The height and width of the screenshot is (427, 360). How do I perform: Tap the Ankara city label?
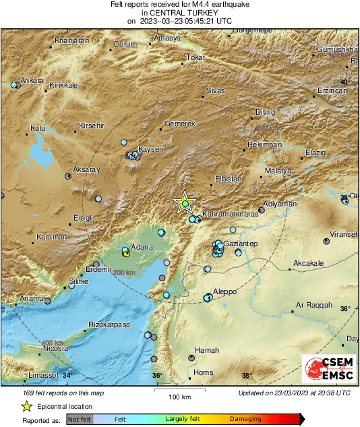click(x=32, y=80)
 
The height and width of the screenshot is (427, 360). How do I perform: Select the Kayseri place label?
click(x=151, y=148)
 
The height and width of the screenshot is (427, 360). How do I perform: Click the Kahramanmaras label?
click(x=230, y=212)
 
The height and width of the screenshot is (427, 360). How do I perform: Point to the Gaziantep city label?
click(x=243, y=243)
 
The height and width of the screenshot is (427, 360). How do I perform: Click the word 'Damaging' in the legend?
click(x=245, y=419)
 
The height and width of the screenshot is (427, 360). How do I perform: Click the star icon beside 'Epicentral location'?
click(x=26, y=406)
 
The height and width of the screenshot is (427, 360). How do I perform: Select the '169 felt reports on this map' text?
click(x=63, y=393)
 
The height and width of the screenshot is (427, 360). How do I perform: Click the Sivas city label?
click(x=215, y=90)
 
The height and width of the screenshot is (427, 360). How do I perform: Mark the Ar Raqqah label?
click(x=315, y=305)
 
